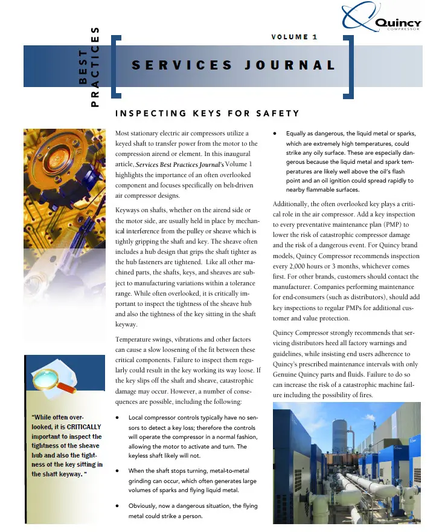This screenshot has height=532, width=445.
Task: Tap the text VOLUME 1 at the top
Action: point(294,37)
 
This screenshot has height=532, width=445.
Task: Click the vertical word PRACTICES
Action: point(95,67)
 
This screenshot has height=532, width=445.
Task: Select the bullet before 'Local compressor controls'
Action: point(117,417)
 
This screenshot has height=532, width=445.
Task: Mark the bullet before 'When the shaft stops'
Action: point(117,470)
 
